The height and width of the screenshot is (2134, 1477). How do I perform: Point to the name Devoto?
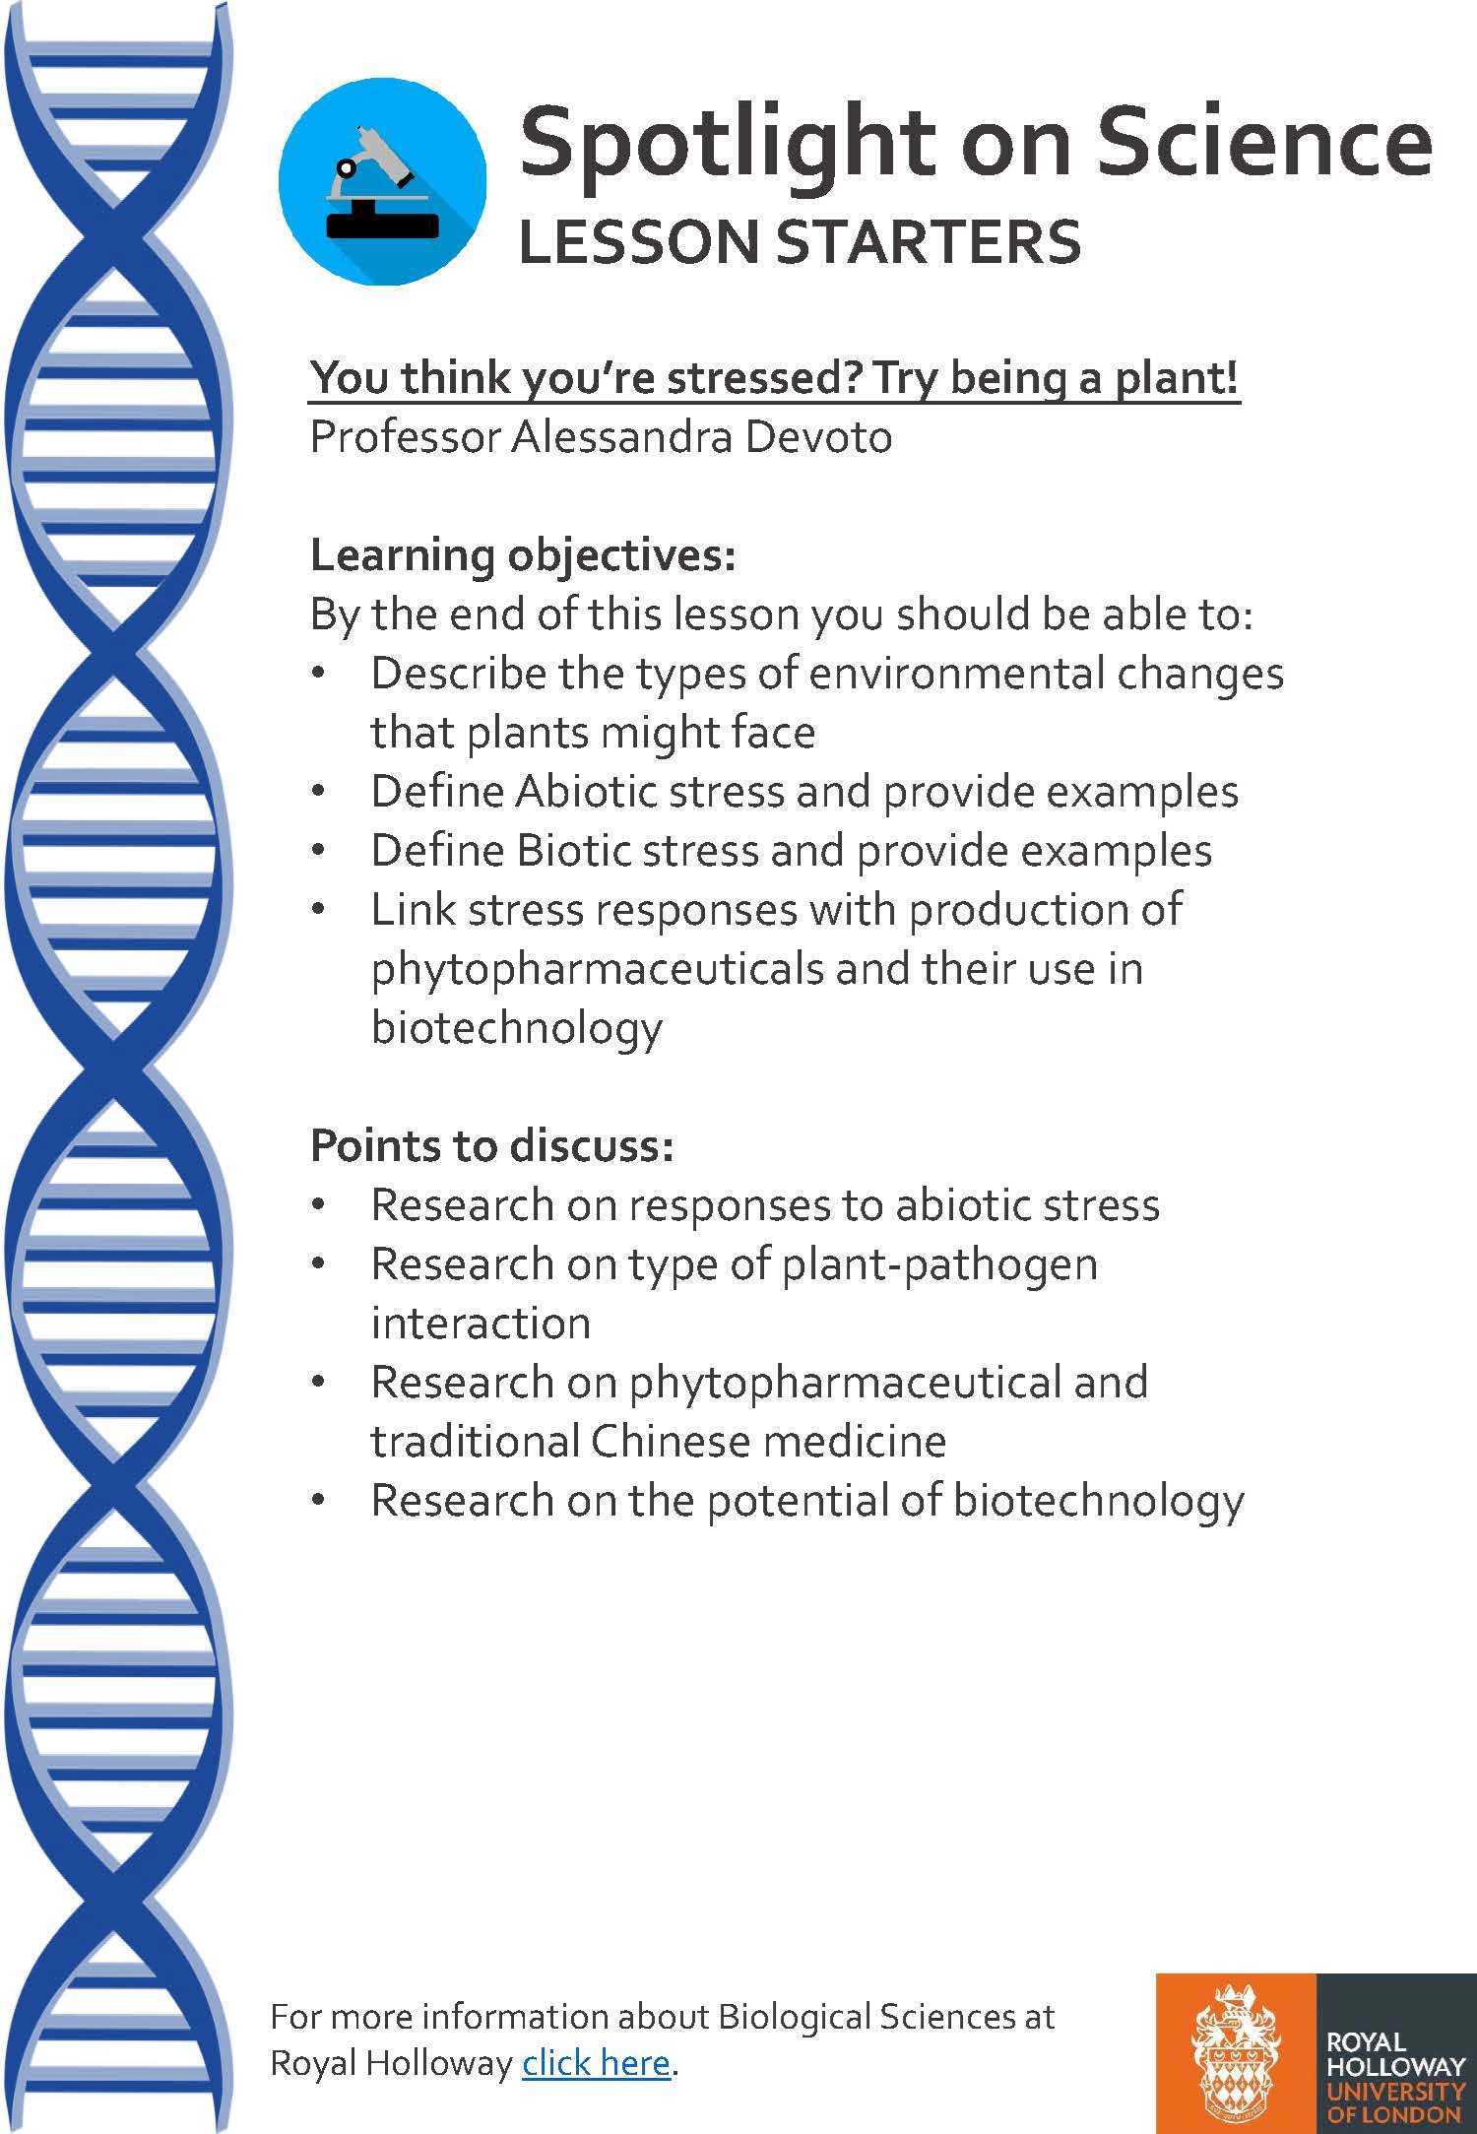tap(818, 437)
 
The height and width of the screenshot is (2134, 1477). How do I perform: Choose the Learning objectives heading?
tap(523, 557)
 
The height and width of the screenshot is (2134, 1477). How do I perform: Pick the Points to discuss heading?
tap(492, 1146)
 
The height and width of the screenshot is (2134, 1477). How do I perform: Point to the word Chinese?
tap(671, 1441)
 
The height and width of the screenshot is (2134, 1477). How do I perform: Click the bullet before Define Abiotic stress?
tap(317, 792)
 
